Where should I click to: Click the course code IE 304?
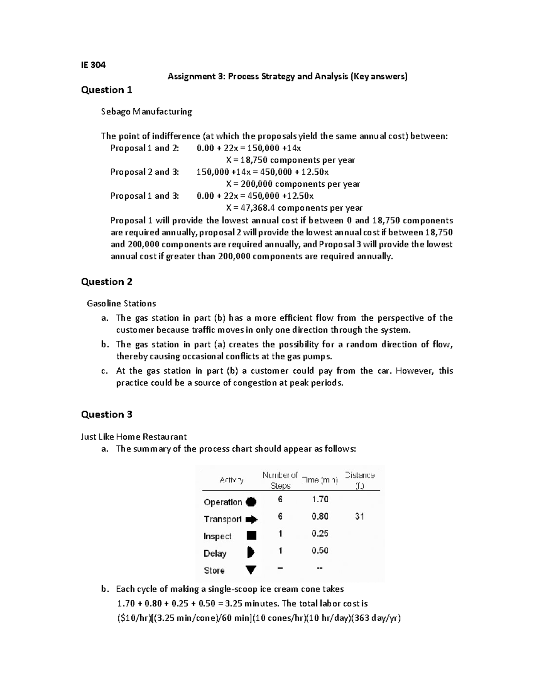(x=93, y=65)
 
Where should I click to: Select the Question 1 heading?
(x=106, y=90)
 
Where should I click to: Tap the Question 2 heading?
(x=106, y=282)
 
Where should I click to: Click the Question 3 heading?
(x=106, y=414)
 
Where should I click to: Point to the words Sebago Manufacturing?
(x=146, y=111)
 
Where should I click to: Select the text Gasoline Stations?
(x=121, y=303)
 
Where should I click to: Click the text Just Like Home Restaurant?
(x=133, y=437)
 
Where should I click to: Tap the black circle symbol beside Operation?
(x=251, y=502)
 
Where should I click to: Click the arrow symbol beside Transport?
(x=251, y=519)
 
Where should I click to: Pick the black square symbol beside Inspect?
(x=251, y=536)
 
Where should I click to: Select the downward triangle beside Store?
(x=251, y=570)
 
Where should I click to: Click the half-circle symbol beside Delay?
(x=251, y=553)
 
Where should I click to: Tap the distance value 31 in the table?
(x=360, y=516)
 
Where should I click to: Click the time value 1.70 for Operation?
(x=320, y=499)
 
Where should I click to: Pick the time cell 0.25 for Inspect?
(x=320, y=533)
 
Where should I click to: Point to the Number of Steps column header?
(x=280, y=480)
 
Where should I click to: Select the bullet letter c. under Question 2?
(x=105, y=371)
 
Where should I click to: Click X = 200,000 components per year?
(x=293, y=184)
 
